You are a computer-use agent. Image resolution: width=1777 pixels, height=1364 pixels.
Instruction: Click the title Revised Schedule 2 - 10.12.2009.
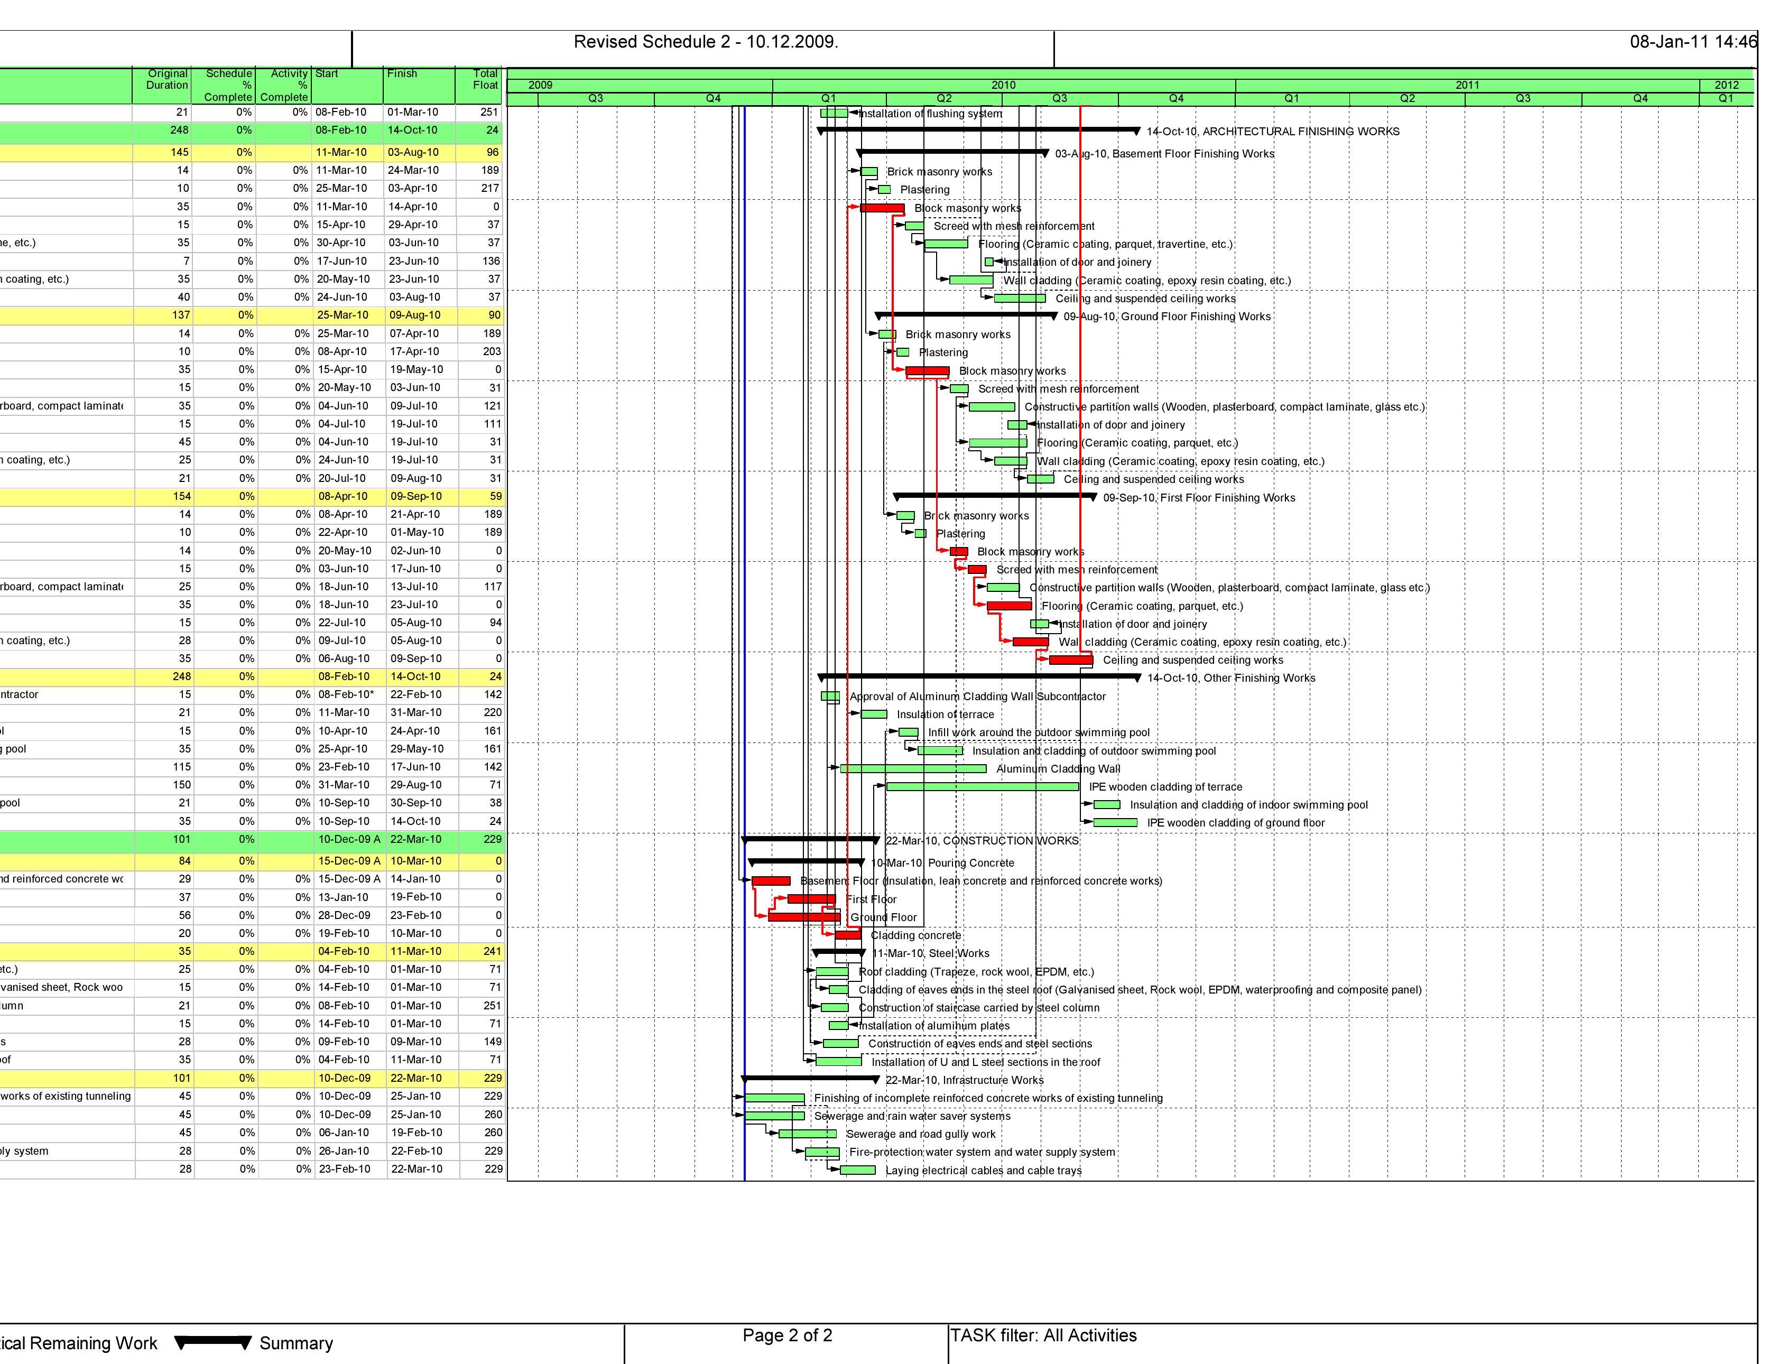tap(706, 42)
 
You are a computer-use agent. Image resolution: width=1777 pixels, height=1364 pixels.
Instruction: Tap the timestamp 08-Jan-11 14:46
tap(1692, 42)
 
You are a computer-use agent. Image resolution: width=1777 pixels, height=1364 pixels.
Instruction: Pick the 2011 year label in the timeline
tap(1467, 85)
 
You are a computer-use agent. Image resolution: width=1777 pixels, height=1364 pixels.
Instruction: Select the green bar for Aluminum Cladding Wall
tap(913, 768)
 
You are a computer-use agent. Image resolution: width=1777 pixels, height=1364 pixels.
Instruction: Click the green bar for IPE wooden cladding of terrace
tap(982, 786)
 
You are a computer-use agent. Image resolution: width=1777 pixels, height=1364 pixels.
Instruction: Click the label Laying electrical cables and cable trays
tap(983, 1171)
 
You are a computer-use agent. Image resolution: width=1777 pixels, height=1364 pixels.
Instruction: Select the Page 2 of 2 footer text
tap(786, 1335)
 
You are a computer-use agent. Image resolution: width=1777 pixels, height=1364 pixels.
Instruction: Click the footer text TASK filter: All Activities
tap(1043, 1335)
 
